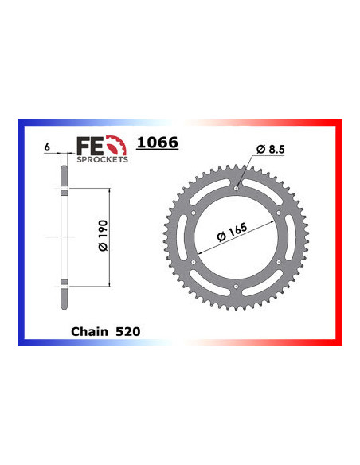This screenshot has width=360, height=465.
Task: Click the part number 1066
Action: (x=157, y=143)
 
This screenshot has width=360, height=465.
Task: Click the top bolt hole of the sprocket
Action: (x=237, y=189)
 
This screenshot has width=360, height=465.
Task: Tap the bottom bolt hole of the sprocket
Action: (x=237, y=287)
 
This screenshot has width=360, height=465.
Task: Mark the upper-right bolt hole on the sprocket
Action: (x=280, y=213)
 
